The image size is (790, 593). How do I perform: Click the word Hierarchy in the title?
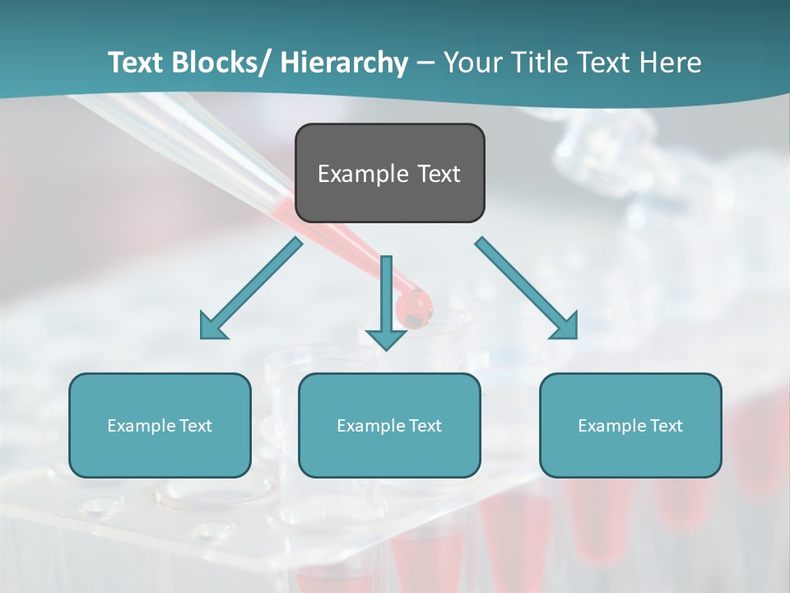tap(344, 63)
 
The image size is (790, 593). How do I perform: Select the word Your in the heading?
tap(472, 63)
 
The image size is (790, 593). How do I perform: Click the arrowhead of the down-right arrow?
tap(566, 327)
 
